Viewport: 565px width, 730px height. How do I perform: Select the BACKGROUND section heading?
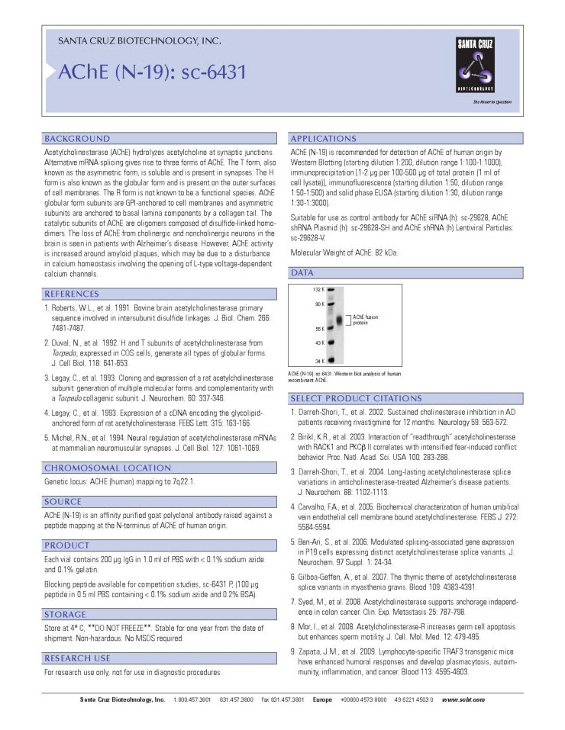[77, 139]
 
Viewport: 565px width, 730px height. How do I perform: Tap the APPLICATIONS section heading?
[323, 139]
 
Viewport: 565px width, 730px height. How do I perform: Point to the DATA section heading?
[302, 272]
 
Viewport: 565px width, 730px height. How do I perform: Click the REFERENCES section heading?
[77, 294]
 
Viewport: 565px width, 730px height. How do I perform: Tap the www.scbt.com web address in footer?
[463, 699]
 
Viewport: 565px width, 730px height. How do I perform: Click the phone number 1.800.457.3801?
[192, 699]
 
